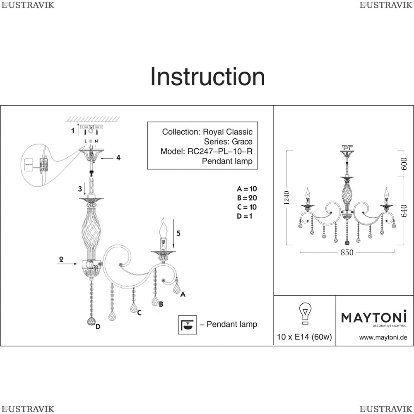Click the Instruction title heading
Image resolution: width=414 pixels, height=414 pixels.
click(x=207, y=77)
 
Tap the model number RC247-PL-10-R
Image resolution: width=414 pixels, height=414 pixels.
click(x=220, y=151)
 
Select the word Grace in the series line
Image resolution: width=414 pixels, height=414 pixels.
click(x=242, y=142)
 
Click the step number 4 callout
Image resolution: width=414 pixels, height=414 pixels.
click(x=118, y=158)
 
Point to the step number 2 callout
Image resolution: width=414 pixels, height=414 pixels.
click(x=61, y=259)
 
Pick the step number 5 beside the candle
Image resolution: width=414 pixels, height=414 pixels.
click(x=178, y=233)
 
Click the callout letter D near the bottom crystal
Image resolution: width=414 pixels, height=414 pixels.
click(x=98, y=327)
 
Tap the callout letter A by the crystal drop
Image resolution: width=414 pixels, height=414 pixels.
click(x=183, y=294)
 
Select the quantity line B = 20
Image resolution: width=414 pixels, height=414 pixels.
click(x=247, y=198)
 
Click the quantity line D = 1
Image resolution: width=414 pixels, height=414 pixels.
click(x=245, y=216)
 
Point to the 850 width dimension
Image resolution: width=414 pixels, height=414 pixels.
click(x=347, y=253)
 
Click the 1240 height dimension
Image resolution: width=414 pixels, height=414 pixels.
click(x=286, y=198)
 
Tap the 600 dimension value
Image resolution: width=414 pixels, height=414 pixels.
click(x=404, y=164)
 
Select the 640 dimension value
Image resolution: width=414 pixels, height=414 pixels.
click(x=404, y=211)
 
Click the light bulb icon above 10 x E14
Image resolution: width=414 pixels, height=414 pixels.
click(x=305, y=313)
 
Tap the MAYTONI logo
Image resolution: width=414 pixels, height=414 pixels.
click(x=374, y=318)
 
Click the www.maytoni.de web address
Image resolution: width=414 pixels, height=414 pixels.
click(x=383, y=337)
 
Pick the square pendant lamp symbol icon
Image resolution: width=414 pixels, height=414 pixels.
click(x=188, y=325)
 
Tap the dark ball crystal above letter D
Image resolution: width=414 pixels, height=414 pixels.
click(x=91, y=321)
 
